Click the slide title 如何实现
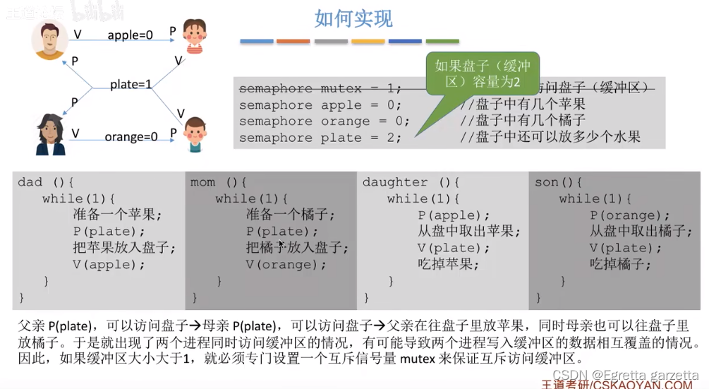[353, 18]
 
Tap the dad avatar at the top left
[49, 40]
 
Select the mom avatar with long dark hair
[50, 134]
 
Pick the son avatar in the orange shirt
[195, 134]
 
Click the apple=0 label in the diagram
[130, 35]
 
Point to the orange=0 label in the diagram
[131, 136]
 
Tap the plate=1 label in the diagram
[131, 85]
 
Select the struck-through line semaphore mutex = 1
[320, 88]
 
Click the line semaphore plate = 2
[320, 138]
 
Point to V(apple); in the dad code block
[108, 265]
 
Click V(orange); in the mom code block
[286, 265]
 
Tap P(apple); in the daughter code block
[449, 215]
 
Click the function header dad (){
[41, 182]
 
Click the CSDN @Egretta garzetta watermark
[625, 374]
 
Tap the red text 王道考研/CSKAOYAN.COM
[617, 385]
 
